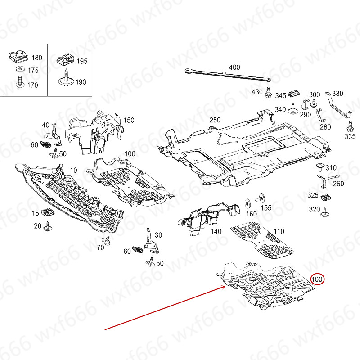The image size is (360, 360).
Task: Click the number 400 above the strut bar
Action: (234, 67)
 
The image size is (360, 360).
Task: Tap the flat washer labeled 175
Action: (19, 70)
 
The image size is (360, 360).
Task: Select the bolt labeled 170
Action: (19, 83)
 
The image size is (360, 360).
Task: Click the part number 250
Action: (215, 120)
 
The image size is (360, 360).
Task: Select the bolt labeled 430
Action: (268, 92)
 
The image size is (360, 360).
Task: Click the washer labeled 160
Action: (247, 201)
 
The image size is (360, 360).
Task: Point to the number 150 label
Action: (129, 120)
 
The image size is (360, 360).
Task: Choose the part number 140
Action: (216, 231)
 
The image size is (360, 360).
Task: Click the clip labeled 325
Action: (327, 197)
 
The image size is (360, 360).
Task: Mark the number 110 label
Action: (279, 231)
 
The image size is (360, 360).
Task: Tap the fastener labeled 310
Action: (319, 168)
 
